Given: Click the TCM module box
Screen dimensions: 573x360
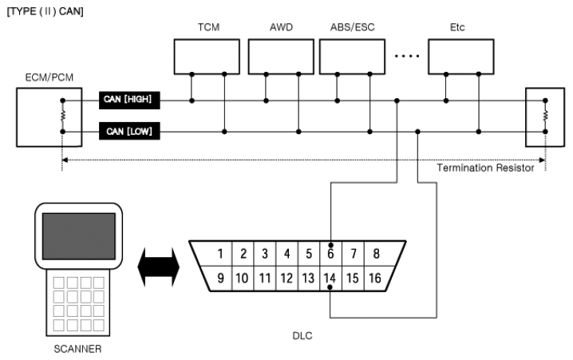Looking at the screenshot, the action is [207, 57].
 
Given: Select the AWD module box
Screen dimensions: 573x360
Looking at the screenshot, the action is [281, 57].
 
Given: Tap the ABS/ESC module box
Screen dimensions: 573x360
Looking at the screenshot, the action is [352, 57].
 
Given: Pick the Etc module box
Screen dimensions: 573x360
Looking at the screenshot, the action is [461, 57].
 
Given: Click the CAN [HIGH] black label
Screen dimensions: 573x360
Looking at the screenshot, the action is [129, 100].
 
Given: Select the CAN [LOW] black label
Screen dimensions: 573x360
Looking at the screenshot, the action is [129, 131].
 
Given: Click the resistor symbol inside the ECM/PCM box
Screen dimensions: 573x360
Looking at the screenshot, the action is [63, 116].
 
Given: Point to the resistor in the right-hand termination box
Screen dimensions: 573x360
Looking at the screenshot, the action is [545, 116].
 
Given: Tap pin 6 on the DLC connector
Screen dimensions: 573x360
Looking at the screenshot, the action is [330, 253].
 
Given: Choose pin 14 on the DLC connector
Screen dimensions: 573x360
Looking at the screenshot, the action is [330, 278].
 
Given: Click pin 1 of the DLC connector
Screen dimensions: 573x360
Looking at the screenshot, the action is [220, 253].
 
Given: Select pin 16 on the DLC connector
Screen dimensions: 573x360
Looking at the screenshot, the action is [375, 278].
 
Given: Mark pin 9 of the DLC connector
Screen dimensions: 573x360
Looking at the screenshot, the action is [220, 278].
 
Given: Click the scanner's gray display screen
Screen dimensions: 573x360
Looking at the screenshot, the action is [79, 236].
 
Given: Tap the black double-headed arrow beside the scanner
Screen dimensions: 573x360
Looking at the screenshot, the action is [159, 267].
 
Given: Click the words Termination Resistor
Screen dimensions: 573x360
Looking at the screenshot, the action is [485, 168].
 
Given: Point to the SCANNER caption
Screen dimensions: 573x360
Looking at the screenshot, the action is [77, 349].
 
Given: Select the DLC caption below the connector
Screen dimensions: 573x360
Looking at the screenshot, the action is [302, 335].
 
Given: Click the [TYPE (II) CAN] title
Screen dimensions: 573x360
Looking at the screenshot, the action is [45, 11].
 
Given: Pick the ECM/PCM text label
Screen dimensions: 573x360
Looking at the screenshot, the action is [49, 77].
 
